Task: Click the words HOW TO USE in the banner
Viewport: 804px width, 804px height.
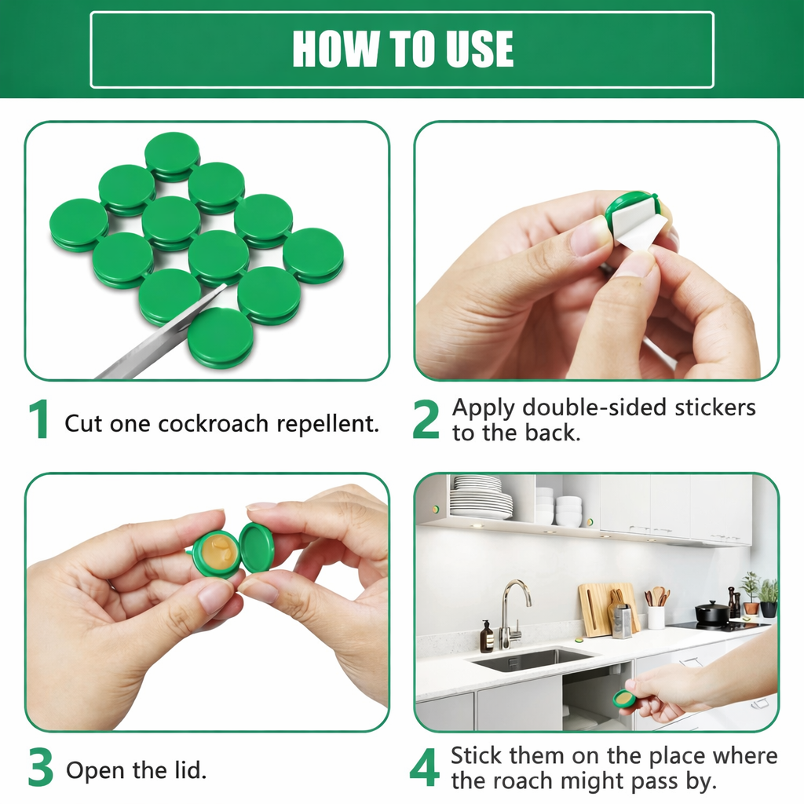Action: [x=402, y=49]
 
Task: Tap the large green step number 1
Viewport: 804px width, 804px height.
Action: [x=38, y=419]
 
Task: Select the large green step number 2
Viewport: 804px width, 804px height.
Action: [x=426, y=419]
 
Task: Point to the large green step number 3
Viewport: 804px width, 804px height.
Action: [x=40, y=769]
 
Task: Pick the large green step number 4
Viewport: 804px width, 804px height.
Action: [x=425, y=769]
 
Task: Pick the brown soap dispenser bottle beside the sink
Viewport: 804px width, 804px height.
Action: [x=487, y=637]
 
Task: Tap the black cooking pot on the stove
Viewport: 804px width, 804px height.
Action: [x=712, y=612]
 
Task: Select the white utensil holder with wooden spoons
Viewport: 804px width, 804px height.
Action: [x=656, y=615]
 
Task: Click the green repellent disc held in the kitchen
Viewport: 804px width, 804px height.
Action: [x=625, y=698]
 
